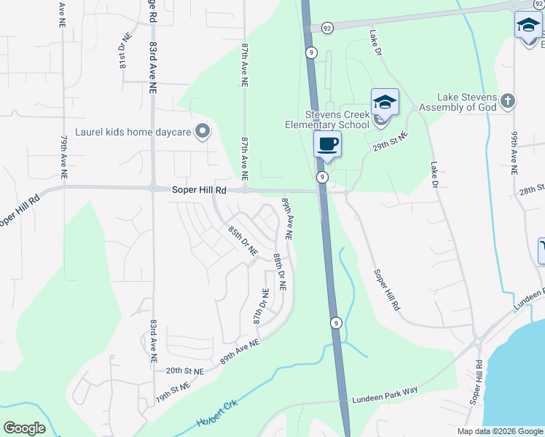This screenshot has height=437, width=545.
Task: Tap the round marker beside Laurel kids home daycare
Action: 203,132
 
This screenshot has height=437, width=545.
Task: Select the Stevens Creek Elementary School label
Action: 327,119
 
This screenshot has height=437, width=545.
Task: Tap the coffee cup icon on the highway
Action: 327,143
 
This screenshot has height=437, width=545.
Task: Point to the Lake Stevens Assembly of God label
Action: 466,102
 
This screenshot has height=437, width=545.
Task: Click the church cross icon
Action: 509,100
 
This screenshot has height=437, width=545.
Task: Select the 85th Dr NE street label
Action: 243,240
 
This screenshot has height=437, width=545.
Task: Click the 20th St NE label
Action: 184,371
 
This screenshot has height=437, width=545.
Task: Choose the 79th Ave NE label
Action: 64,157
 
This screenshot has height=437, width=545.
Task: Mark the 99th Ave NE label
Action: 514,154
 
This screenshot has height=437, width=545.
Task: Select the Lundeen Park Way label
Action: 385,395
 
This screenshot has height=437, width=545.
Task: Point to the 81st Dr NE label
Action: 123,50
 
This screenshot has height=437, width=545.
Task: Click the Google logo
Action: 25,428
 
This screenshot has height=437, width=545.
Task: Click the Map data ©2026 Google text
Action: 499,431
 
